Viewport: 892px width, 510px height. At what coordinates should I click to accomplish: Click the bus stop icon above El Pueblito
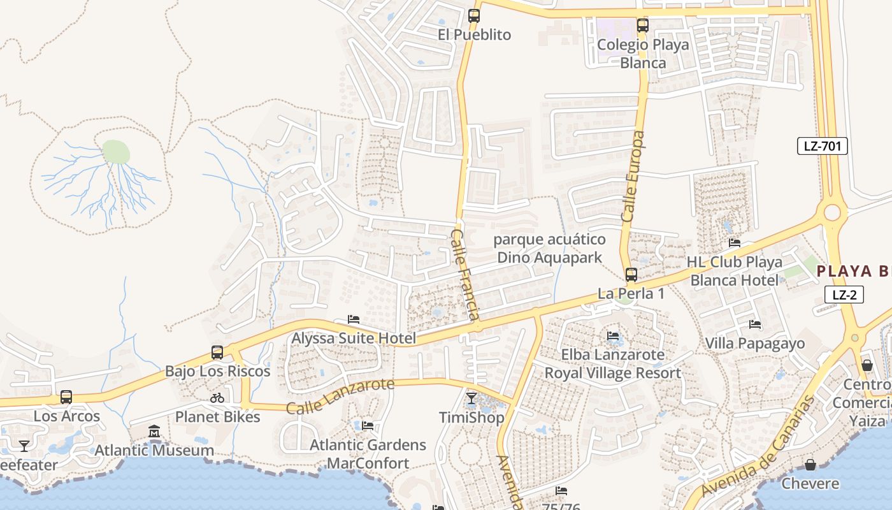pos(474,16)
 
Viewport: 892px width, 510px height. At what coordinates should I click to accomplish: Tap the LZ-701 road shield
pos(823,146)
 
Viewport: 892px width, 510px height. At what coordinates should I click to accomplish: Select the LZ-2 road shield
pos(844,295)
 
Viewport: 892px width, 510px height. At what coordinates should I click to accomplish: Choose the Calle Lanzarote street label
pos(340,396)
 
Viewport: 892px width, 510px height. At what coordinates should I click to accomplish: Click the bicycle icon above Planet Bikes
pos(217,398)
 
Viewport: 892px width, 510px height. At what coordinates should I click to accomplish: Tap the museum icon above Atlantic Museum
pos(154,432)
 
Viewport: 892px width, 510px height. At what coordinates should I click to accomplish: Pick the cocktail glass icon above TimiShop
pos(471,399)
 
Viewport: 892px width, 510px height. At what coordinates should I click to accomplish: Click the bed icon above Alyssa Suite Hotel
pos(354,319)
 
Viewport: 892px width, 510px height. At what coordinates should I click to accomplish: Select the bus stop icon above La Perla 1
pos(631,275)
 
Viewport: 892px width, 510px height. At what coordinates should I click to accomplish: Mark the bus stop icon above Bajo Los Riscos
pos(217,353)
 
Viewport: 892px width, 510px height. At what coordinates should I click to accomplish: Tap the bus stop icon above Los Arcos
pos(66,397)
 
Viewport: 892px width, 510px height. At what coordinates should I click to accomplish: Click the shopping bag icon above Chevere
pos(810,465)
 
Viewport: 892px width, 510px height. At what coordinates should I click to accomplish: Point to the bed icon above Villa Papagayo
pos(755,324)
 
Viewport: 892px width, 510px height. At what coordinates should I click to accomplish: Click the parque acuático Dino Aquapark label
pos(549,249)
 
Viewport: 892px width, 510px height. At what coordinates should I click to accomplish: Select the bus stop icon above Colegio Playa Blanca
pos(643,26)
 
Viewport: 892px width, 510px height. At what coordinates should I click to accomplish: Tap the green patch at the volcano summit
pos(116,152)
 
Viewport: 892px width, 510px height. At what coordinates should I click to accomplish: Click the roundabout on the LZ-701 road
pos(832,213)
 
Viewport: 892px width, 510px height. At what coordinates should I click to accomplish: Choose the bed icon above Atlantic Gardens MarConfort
pos(368,425)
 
